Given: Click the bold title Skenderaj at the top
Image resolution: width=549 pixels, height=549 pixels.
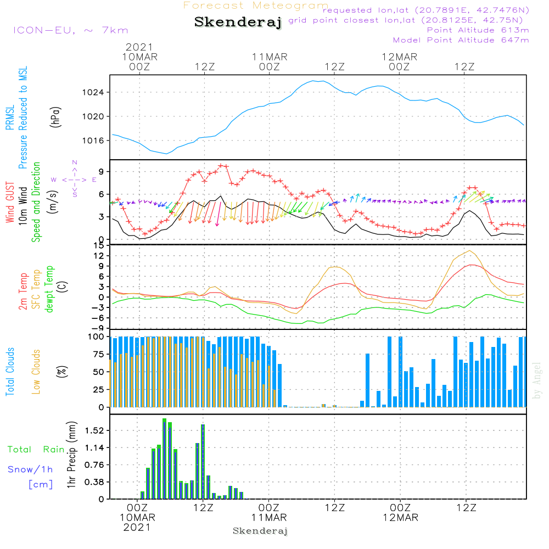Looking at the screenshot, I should point(238,23).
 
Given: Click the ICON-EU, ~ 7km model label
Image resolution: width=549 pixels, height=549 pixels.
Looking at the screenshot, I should point(70,30).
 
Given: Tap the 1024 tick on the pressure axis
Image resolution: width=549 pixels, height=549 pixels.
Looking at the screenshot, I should point(97,92).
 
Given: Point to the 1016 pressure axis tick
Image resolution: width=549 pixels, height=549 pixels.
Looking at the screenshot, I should point(97,141).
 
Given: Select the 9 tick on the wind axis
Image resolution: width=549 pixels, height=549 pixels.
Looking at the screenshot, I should point(101,172).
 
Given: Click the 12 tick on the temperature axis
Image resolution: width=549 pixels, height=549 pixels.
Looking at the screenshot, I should point(99,256).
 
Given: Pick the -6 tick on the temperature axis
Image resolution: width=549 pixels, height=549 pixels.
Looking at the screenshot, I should point(99,318).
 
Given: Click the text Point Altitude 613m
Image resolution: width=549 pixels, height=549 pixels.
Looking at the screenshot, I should point(478,30).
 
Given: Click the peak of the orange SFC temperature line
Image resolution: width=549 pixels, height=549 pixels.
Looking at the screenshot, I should point(469,251).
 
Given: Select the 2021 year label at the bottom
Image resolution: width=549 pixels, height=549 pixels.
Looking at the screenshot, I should point(137,527).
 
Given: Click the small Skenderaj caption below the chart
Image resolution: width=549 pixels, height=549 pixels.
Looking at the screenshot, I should point(260,531).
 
